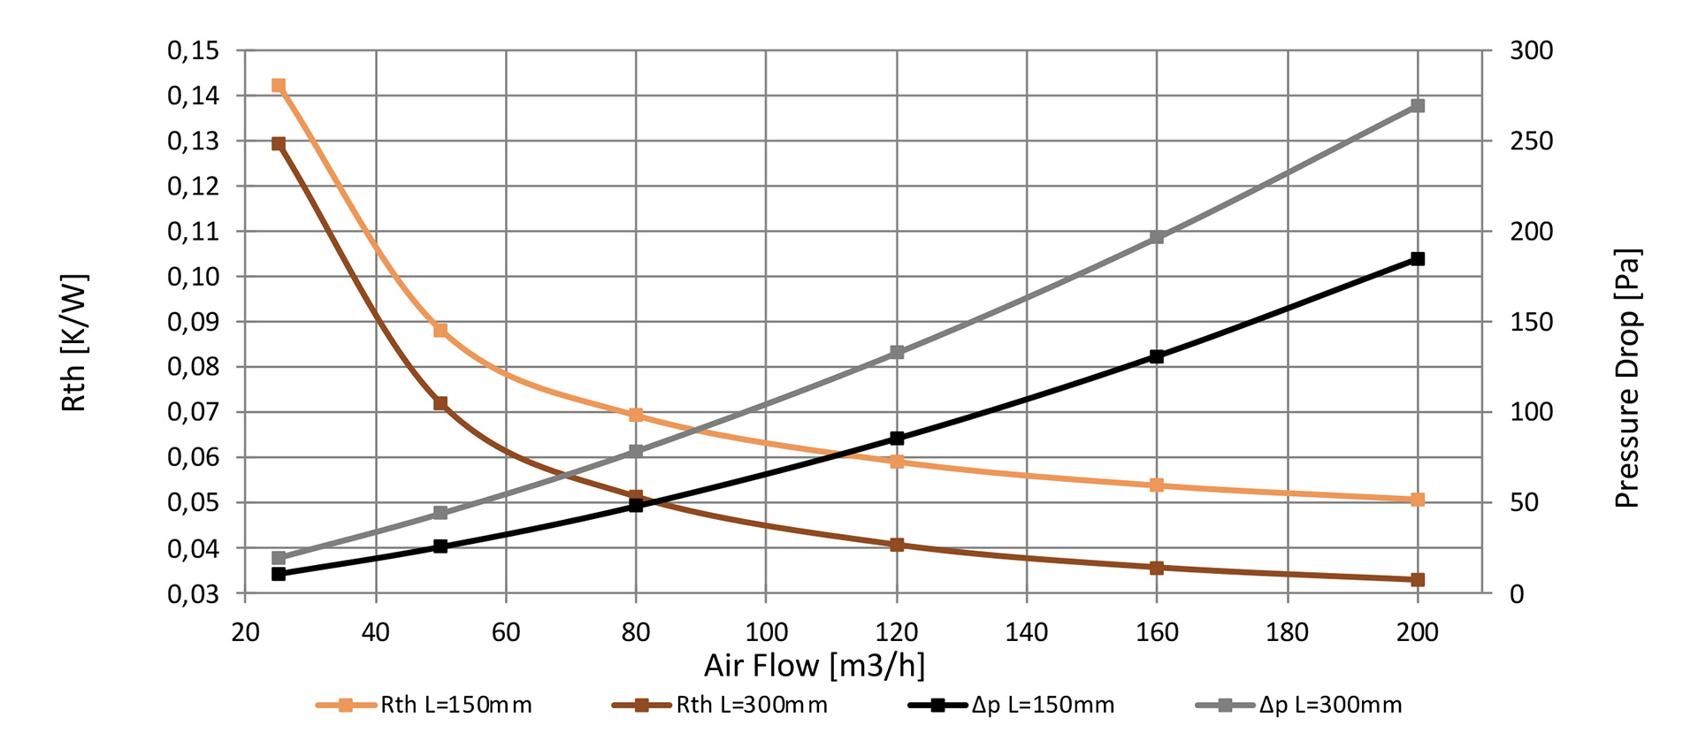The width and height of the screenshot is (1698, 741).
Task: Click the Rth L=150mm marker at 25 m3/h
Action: click(x=279, y=86)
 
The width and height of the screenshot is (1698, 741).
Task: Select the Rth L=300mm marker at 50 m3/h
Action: click(x=440, y=403)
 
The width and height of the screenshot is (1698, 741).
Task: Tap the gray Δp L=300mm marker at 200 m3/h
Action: click(x=1418, y=106)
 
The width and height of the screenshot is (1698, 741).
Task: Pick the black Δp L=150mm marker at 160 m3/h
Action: click(x=1157, y=356)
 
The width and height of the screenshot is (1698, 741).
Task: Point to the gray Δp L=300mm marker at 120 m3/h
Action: click(x=897, y=353)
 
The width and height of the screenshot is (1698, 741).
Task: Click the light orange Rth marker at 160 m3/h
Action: click(x=1157, y=485)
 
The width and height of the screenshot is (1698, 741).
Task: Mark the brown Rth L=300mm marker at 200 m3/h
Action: click(x=1418, y=580)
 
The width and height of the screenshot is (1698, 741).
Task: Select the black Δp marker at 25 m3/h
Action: click(x=279, y=574)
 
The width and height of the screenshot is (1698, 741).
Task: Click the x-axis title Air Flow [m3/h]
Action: click(x=815, y=665)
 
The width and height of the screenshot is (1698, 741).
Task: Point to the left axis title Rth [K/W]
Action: click(x=74, y=343)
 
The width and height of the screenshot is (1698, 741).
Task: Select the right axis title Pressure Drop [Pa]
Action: click(x=1626, y=378)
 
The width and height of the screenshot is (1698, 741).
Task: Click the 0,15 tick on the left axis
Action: click(x=193, y=50)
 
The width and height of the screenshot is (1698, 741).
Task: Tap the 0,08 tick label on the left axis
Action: click(x=193, y=367)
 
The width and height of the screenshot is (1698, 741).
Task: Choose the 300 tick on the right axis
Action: click(x=1531, y=50)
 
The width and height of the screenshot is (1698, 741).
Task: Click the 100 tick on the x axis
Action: click(x=766, y=632)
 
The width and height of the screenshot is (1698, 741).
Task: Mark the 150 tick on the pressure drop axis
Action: click(x=1531, y=322)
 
